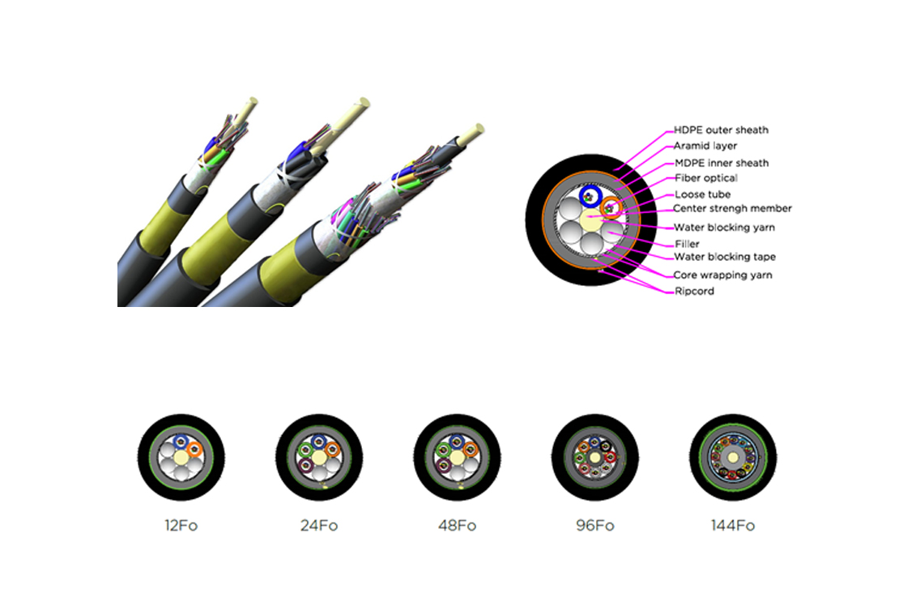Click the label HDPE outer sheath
[x=721, y=130]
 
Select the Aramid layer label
[x=705, y=146]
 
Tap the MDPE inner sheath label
[x=722, y=163]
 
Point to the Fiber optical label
[x=706, y=178]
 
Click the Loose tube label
[x=702, y=194]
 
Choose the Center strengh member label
[x=732, y=208]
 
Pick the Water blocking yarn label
[x=724, y=227]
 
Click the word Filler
[x=687, y=244]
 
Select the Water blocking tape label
[x=725, y=257]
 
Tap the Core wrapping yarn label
[x=722, y=275]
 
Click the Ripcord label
[x=694, y=291]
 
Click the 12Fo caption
[x=181, y=526]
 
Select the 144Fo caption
[x=732, y=526]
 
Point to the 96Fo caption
[x=595, y=526]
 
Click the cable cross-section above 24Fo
[x=319, y=458]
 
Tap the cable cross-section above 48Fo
[x=457, y=458]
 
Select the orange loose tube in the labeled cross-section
[x=611, y=207]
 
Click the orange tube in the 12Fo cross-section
[x=195, y=450]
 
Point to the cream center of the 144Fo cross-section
[x=733, y=458]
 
